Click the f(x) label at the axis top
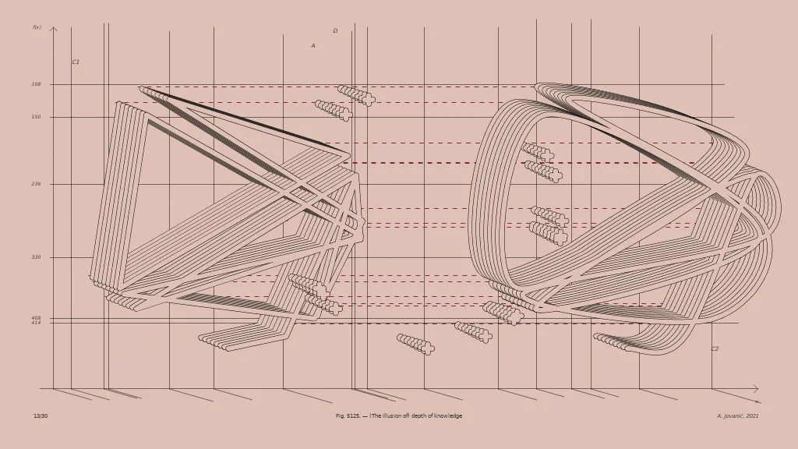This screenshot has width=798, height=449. pyautogui.click(x=37, y=27)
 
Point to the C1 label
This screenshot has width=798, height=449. pyautogui.click(x=76, y=62)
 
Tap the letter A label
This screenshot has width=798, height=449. pyautogui.click(x=313, y=46)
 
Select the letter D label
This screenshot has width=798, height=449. pyautogui.click(x=335, y=31)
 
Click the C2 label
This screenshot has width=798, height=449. pyautogui.click(x=715, y=349)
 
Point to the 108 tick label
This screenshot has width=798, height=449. pyautogui.click(x=36, y=84)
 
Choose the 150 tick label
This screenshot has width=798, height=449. pyautogui.click(x=36, y=117)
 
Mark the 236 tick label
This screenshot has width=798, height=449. pyautogui.click(x=36, y=184)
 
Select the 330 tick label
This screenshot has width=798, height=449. pyautogui.click(x=36, y=257)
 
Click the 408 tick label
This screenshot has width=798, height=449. pyautogui.click(x=36, y=318)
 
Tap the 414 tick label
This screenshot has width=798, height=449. pyautogui.click(x=36, y=323)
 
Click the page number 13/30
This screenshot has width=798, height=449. pyautogui.click(x=41, y=416)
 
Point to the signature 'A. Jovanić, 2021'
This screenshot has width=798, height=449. pyautogui.click(x=737, y=416)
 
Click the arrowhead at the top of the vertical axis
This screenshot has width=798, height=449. pyautogui.click(x=53, y=29)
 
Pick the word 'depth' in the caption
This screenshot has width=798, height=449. pyautogui.click(x=417, y=416)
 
